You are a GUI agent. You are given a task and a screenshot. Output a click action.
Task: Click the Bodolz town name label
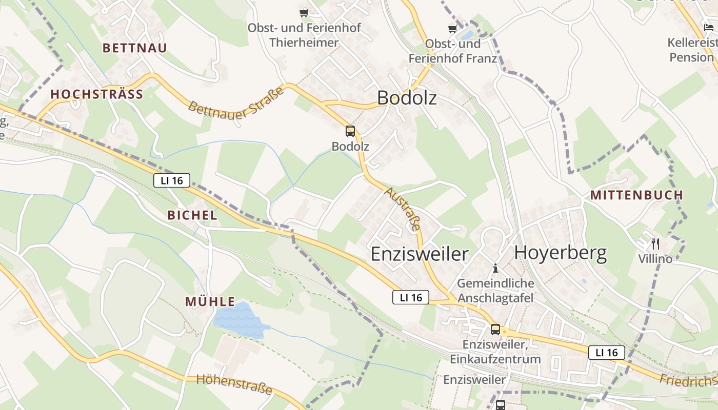[407, 97]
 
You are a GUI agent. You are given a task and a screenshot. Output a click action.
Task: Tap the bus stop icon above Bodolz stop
[350, 131]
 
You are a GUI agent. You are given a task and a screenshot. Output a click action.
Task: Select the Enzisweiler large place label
[420, 254]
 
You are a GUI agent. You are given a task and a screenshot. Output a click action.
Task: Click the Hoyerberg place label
[560, 253]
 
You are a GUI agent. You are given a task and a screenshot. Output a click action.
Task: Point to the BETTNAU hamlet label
[135, 48]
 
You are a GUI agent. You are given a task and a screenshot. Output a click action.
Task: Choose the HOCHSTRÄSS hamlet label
[96, 94]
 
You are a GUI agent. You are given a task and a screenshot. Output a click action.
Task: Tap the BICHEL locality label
[192, 215]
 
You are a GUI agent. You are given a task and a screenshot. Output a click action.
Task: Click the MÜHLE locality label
[210, 302]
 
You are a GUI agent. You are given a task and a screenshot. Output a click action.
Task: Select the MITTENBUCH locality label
[636, 195]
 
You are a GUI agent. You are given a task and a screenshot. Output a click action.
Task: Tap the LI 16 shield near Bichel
[171, 180]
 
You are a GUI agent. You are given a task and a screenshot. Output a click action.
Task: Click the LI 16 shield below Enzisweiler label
[410, 297]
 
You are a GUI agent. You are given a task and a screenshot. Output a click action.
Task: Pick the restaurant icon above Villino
[655, 244]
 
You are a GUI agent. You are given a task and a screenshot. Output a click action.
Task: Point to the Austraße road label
[403, 210]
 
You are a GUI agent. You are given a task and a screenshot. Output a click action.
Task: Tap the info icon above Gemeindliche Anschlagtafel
[495, 268]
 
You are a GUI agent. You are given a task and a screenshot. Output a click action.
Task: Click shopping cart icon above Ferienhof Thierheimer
[304, 12]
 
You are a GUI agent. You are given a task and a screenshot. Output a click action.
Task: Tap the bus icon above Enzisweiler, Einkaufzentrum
[495, 330]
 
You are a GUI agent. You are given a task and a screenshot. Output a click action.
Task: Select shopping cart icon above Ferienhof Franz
[452, 29]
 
